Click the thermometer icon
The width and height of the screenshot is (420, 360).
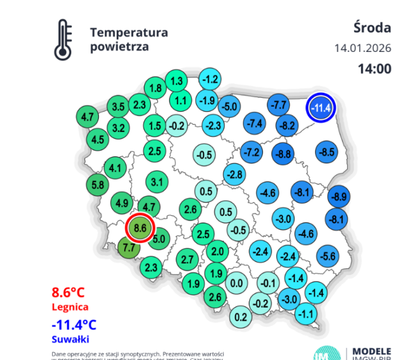(x=63, y=40)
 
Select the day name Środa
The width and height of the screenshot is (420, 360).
(x=372, y=28)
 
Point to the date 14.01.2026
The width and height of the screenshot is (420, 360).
(x=363, y=48)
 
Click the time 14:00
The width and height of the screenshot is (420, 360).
(x=374, y=69)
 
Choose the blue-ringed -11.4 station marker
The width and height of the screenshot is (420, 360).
(x=320, y=109)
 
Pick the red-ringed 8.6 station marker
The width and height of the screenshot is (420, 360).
(x=141, y=229)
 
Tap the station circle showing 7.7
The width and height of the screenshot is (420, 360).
(x=129, y=247)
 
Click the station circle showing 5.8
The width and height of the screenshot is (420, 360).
(x=97, y=185)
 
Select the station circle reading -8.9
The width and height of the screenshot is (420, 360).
(x=340, y=196)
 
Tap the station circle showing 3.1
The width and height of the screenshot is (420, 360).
(x=157, y=182)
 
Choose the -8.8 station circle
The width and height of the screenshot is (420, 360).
(x=283, y=154)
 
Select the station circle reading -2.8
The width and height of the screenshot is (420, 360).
(x=235, y=174)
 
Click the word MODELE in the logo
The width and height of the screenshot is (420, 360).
(x=371, y=351)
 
